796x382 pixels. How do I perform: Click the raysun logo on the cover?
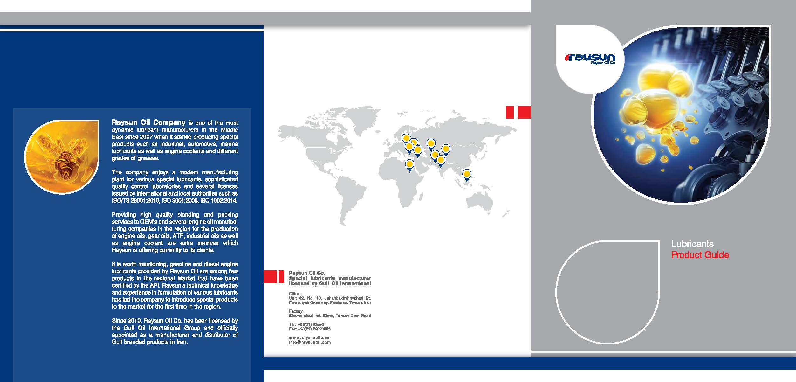click(590, 59)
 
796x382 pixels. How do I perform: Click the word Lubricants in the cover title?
click(692, 244)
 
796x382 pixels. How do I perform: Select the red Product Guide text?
click(700, 255)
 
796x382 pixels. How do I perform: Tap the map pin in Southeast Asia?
click(466, 175)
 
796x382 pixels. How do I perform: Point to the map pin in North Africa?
click(410, 165)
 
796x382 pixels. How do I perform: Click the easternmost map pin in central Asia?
click(446, 149)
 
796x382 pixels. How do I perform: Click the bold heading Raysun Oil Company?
click(148, 122)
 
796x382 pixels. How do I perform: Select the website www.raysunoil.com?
click(310, 338)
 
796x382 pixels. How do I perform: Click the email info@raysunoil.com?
click(310, 343)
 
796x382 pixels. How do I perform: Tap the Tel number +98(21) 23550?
click(306, 325)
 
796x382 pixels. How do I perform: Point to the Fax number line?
click(309, 329)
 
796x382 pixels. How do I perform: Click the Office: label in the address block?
click(295, 294)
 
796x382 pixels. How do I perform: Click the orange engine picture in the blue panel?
click(62, 156)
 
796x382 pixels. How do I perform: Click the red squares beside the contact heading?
click(274, 276)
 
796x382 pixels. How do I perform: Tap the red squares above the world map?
click(518, 112)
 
